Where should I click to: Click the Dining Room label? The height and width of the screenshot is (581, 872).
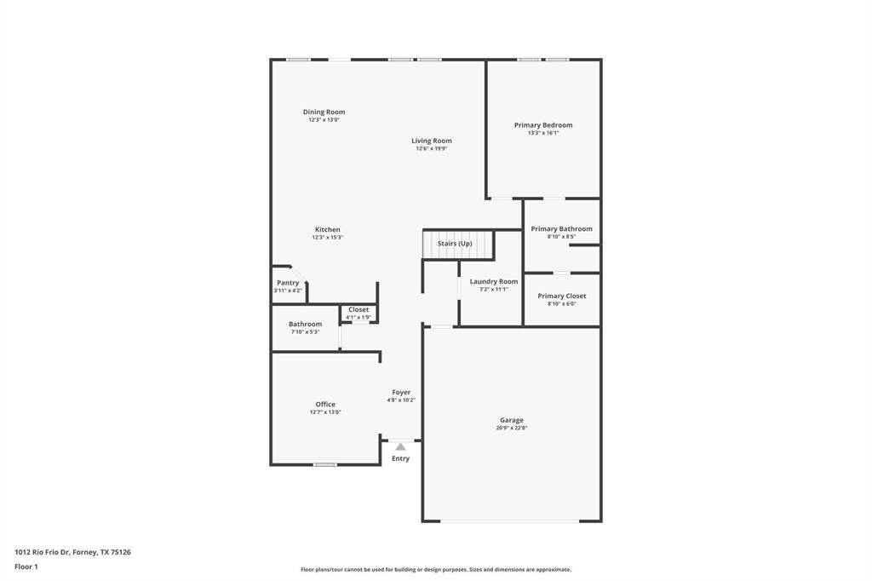(324, 112)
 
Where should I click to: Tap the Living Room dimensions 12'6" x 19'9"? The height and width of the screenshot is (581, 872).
(431, 148)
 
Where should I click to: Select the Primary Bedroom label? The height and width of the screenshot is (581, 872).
(543, 125)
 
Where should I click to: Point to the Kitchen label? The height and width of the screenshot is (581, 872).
(327, 229)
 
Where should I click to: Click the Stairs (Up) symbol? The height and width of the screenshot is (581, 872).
(458, 244)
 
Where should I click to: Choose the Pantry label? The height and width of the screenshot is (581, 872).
(288, 283)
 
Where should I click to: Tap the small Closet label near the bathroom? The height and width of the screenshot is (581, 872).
(359, 309)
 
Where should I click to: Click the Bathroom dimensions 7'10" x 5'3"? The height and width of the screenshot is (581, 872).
(305, 331)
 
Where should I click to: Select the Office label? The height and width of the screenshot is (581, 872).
(325, 404)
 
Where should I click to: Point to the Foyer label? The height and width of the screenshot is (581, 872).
(401, 392)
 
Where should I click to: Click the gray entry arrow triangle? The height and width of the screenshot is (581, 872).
(400, 446)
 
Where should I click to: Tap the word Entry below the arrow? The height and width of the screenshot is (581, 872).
(400, 458)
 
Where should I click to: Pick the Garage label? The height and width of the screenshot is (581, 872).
(512, 420)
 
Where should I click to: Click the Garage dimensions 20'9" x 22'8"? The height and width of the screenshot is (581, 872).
(512, 428)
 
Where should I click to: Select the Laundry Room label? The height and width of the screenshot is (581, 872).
(494, 281)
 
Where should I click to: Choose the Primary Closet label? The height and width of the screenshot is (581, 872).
(562, 296)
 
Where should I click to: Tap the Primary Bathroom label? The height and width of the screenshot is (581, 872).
(561, 228)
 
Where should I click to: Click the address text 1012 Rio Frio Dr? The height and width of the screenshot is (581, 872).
(43, 552)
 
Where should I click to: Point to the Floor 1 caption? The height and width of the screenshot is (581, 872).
(26, 567)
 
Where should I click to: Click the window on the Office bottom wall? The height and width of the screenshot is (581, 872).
(324, 464)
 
